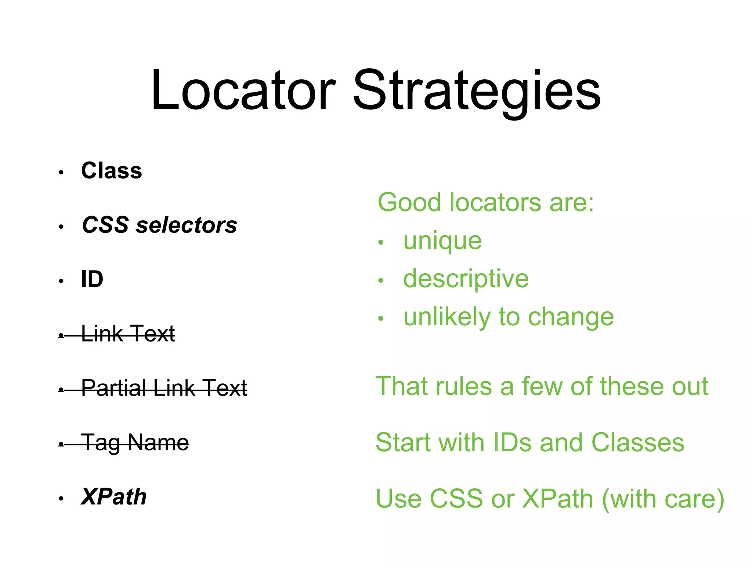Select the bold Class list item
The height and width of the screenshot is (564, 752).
[112, 171]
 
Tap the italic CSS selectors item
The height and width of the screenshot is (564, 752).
[159, 225]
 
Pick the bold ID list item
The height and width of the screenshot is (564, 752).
[92, 279]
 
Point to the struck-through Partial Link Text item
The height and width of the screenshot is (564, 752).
[164, 388]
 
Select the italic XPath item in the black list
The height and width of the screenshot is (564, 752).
[114, 497]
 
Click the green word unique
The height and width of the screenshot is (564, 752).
[442, 241]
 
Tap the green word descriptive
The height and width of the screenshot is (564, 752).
[466, 279]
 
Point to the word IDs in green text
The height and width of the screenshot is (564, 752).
[512, 442]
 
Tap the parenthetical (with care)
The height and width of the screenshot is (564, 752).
[663, 499]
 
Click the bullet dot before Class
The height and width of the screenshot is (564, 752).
[61, 172]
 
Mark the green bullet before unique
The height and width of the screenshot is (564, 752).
[381, 243]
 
